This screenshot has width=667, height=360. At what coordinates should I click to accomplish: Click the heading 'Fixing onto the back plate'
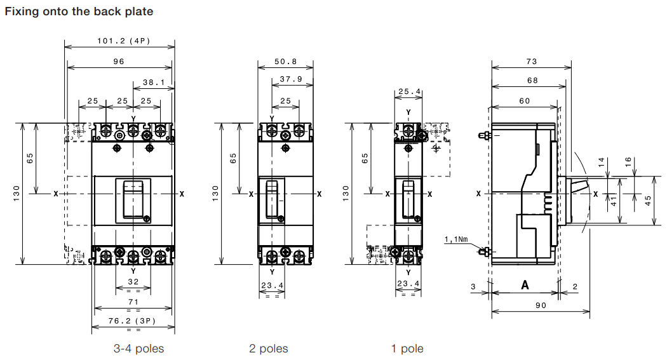[79, 11]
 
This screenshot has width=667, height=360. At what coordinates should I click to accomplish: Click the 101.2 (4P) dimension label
[124, 41]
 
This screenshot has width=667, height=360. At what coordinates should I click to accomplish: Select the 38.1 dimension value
[154, 82]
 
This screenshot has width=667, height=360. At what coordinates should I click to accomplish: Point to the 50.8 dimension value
[285, 62]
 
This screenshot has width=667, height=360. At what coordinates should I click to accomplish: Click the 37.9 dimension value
[291, 79]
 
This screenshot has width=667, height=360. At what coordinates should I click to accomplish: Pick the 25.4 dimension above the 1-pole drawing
[409, 91]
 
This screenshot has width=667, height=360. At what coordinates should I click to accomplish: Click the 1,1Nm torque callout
[456, 239]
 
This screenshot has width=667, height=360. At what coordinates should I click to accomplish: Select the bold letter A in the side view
[525, 285]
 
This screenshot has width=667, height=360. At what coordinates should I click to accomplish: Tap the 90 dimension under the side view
[541, 305]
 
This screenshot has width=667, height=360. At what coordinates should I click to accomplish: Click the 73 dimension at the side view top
[532, 62]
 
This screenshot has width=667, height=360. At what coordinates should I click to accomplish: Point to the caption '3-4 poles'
[138, 349]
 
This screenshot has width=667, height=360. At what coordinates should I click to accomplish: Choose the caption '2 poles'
[269, 349]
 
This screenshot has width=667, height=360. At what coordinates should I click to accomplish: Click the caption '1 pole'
[407, 349]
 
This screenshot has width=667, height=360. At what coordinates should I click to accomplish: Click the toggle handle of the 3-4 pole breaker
[133, 199]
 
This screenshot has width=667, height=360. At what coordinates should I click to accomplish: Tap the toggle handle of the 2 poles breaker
[272, 199]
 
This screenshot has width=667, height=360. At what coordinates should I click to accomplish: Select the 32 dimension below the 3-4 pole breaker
[133, 282]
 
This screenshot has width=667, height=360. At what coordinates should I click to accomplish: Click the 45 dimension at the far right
[648, 201]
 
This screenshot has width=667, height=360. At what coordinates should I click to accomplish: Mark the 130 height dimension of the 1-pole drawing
[346, 194]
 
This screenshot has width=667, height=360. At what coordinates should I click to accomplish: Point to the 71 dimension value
[133, 302]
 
